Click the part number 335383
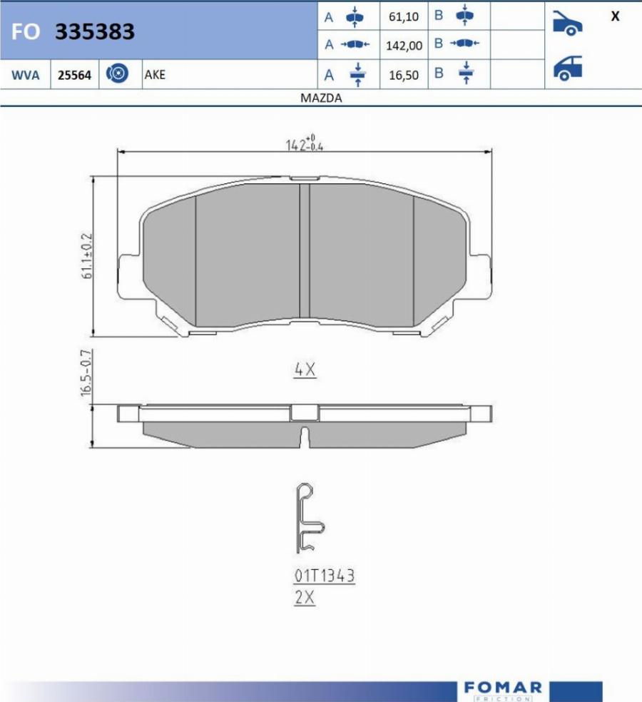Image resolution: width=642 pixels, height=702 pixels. tap(95, 32)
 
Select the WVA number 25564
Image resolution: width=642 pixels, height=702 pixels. tap(74, 74)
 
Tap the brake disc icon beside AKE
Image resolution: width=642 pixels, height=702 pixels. tap(117, 73)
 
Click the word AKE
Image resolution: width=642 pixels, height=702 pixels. tap(154, 74)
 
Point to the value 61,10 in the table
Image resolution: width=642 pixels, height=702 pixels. tap(404, 16)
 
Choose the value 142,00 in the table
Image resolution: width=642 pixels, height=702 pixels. tap(404, 46)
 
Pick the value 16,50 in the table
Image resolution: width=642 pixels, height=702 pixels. tap(404, 75)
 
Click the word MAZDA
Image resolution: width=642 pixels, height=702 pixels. tap(321, 98)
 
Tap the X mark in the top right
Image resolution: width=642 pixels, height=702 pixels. tap(615, 16)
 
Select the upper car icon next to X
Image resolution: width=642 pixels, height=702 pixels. tap(567, 24)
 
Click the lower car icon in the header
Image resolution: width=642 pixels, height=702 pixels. tap(567, 68)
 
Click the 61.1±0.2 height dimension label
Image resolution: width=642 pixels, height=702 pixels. tap(88, 255)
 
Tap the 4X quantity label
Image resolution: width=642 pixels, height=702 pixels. tap(305, 370)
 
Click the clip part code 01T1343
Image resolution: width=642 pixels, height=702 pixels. tap(324, 575)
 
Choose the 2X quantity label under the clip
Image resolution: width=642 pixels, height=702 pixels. tap(305, 598)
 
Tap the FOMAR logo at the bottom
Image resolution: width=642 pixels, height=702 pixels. tap(502, 690)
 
